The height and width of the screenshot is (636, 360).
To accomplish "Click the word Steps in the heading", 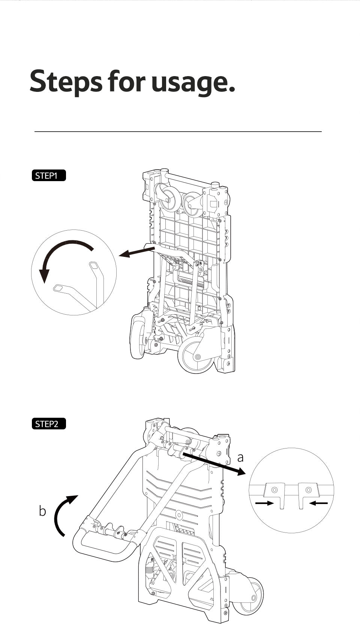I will pos(66,81).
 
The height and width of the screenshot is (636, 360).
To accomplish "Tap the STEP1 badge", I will pos(49,175).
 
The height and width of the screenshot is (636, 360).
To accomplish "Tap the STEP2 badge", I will pos(49,424).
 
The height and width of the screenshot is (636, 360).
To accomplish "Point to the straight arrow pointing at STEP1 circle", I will pos(136,251).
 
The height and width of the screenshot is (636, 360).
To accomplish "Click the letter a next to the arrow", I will pos(240,457).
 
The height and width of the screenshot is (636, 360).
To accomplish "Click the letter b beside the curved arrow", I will pos(42,511).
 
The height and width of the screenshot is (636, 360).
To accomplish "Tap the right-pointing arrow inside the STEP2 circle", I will pos(265,503).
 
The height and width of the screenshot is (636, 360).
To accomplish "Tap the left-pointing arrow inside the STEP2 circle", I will pos(318,503).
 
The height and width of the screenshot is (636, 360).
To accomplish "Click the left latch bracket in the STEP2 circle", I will pos(275,493).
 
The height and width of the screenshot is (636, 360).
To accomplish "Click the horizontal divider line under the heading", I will pos(178,132).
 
